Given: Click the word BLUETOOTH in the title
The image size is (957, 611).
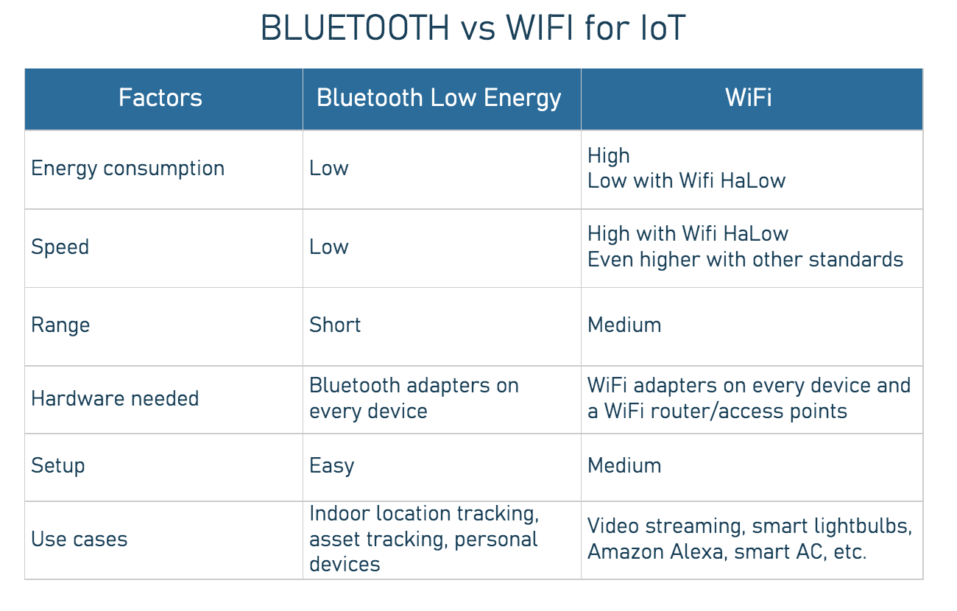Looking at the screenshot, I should point(354,29).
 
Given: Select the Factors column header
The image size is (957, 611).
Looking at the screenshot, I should point(160,98).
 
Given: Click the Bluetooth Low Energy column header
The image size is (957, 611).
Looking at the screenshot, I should point(439,98).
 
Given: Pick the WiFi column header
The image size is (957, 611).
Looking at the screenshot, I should point(749,98).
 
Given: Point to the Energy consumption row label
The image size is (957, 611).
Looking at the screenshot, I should point(127,168).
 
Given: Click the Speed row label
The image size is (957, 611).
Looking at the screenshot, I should point(60,247).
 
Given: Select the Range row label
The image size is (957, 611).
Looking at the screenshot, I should point(60,325).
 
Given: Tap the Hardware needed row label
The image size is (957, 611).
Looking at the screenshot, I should point(115,398).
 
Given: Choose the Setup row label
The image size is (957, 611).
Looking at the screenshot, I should point(57,465).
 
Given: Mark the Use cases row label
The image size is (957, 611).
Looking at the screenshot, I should point(79,539).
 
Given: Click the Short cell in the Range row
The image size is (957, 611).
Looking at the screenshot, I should point(335,325).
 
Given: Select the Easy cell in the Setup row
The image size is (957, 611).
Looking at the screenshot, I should point(331,465).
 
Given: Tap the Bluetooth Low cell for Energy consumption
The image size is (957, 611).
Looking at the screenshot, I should point(328,168).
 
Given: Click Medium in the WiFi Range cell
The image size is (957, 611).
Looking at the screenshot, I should point(624,325).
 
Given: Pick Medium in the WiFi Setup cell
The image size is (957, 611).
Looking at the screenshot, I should point(624,465).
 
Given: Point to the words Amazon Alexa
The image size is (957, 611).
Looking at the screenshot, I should point(655,551).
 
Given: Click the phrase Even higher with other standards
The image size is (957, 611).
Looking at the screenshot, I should point(745,259).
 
